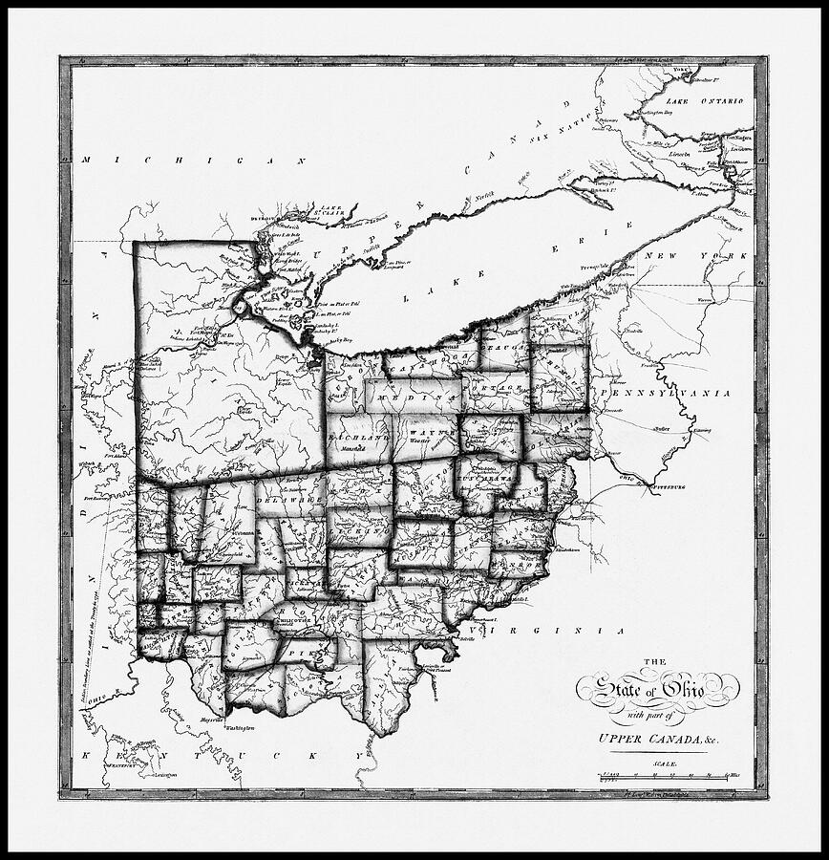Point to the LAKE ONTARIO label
pyautogui.click(x=704, y=100)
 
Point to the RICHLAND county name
pyautogui.click(x=354, y=438)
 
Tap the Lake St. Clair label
pyautogui.click(x=329, y=207)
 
